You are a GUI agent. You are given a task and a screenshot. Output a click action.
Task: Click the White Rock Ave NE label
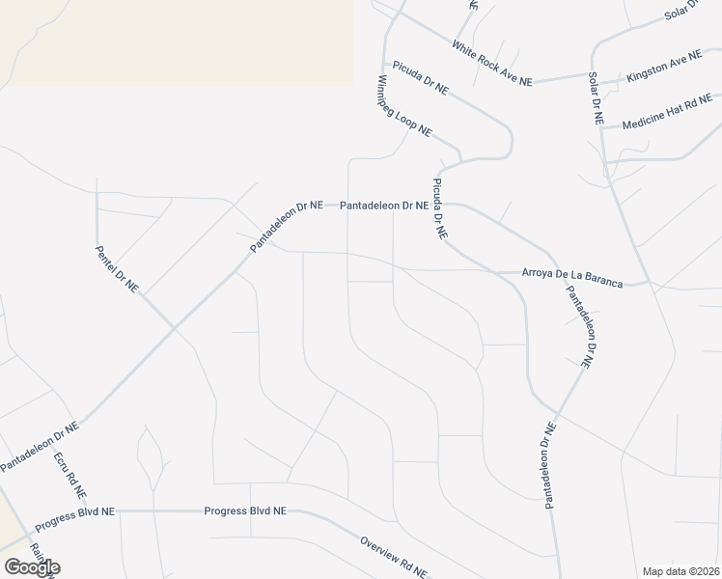coord(492,63)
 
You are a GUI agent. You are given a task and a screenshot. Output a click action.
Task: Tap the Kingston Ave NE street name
coord(665,67)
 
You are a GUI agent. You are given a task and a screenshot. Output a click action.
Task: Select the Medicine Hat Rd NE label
coord(667,113)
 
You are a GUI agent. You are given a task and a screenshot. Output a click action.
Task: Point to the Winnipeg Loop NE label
coord(403,105)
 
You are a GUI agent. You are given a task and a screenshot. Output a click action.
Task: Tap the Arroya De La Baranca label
coord(572,277)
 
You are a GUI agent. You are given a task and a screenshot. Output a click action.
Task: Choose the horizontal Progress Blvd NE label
coord(245,510)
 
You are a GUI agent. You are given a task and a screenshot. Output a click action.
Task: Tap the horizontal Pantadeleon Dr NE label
coord(383,206)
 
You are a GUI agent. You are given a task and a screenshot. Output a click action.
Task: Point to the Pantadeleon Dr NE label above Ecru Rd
coord(39,445)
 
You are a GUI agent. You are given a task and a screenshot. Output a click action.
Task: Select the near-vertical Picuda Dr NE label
coord(439,207)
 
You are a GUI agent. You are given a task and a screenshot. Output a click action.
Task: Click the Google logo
coord(32,566)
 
